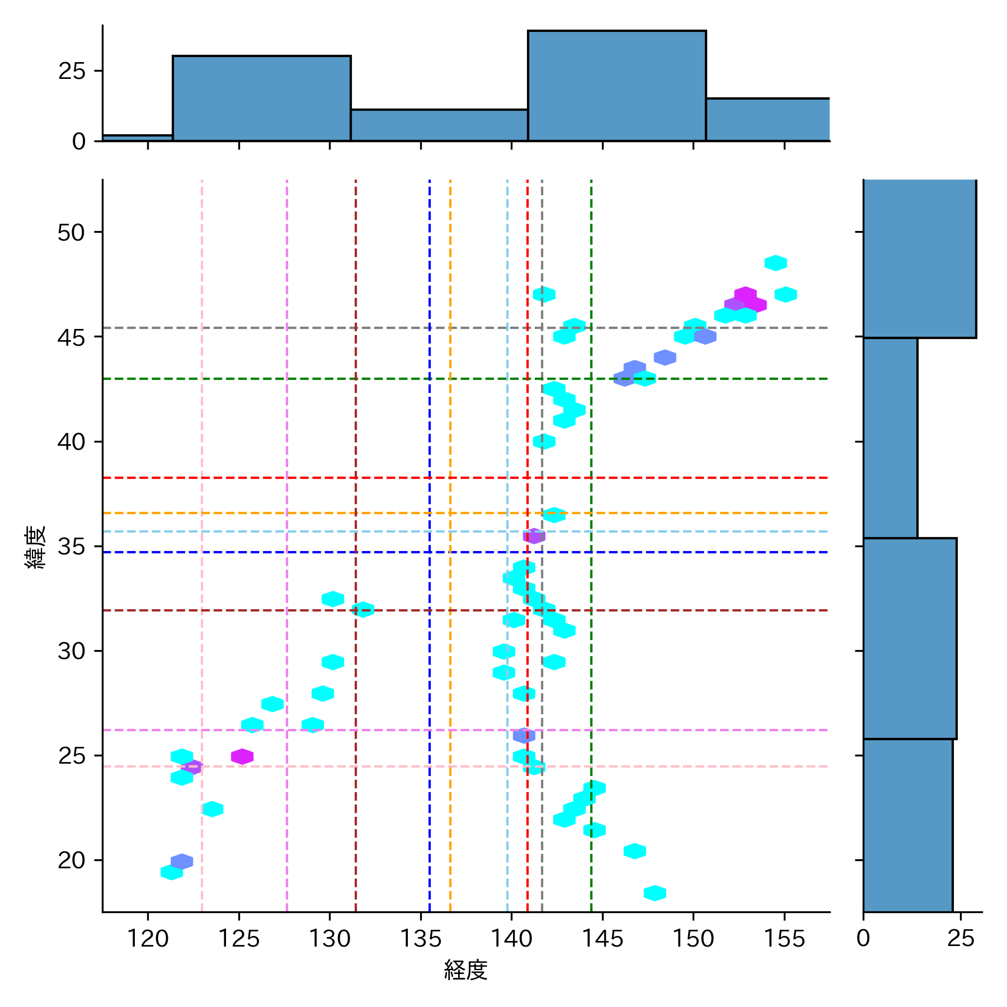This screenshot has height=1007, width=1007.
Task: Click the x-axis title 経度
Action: point(465,970)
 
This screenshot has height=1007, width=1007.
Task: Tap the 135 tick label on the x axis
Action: point(421,938)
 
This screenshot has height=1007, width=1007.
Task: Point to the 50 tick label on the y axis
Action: point(71,232)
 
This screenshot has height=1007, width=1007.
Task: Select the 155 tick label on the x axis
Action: point(784,938)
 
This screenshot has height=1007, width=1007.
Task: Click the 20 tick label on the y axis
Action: point(71,860)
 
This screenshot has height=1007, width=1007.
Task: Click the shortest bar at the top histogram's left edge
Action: point(138,138)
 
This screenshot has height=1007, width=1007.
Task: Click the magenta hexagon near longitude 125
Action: point(242,756)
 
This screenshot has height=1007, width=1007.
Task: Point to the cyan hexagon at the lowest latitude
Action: point(655,893)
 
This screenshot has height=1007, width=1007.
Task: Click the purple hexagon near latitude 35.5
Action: point(534,536)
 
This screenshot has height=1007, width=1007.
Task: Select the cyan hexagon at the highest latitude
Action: point(775,263)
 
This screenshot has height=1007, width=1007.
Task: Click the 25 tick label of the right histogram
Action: point(961,938)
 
